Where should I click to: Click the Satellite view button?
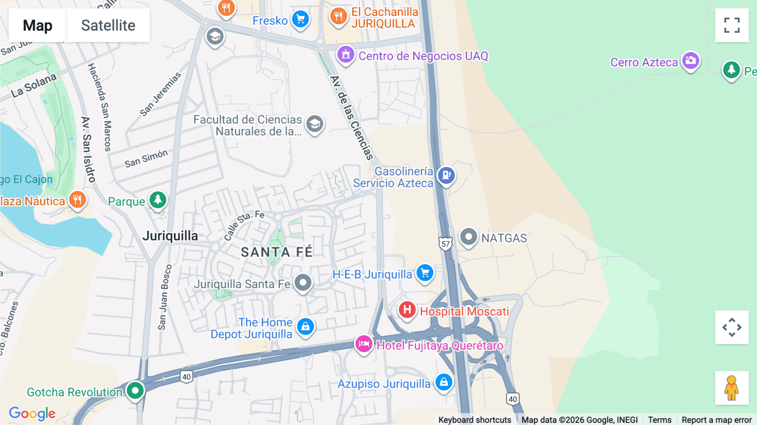(x=108, y=25)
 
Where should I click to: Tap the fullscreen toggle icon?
(x=731, y=25)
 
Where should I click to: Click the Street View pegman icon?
(x=731, y=388)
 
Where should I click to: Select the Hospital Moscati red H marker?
(x=407, y=310)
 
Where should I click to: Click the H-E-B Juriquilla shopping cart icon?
(x=425, y=273)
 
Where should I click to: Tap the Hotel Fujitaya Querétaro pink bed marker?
(x=363, y=344)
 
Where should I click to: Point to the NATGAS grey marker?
(x=468, y=237)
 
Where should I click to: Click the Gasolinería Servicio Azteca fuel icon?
(x=446, y=175)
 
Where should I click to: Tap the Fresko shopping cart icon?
(x=300, y=19)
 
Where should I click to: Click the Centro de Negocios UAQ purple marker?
(x=346, y=55)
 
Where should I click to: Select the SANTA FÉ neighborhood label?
(x=277, y=252)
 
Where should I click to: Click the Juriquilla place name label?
(x=170, y=236)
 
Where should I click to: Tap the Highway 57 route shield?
(x=445, y=244)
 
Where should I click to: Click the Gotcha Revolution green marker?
(x=135, y=390)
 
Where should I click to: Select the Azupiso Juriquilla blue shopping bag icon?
(x=444, y=382)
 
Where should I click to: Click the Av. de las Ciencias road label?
(x=352, y=118)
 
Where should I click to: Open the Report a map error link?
(x=716, y=420)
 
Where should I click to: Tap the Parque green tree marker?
(x=158, y=199)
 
